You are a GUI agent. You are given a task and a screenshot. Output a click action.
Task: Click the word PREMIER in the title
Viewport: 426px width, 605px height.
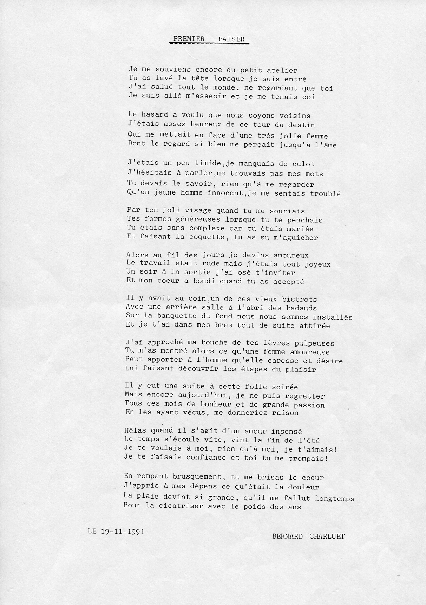[x=189, y=39]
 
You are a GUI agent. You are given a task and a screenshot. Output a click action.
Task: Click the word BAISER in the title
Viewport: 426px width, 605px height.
[x=231, y=39]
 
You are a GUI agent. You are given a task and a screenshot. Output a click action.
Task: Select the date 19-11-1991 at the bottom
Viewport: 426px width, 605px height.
[x=123, y=532]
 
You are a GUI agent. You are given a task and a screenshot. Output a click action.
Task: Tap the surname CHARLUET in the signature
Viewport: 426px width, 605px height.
[x=327, y=537]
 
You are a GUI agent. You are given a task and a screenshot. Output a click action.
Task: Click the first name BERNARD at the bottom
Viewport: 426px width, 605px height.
[x=287, y=537]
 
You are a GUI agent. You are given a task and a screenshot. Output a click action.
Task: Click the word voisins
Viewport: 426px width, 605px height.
[x=295, y=116]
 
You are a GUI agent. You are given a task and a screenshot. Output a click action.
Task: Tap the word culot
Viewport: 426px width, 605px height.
[x=303, y=164]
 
